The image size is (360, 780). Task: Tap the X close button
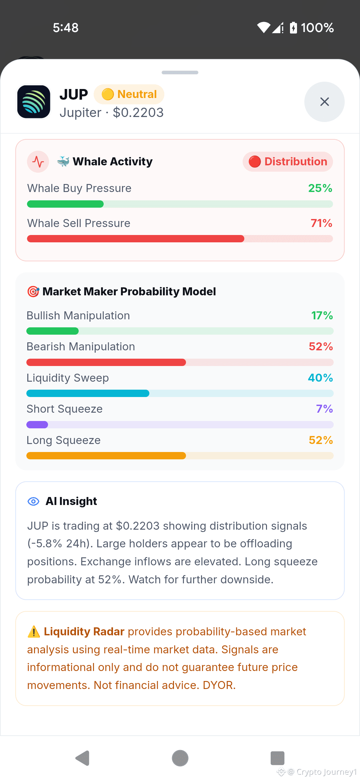[324, 102]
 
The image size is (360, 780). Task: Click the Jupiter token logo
[34, 102]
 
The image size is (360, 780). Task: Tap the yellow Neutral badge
[129, 94]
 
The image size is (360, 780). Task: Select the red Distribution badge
[288, 162]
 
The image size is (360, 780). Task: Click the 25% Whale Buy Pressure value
[320, 188]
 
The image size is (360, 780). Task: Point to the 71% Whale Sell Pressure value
[321, 223]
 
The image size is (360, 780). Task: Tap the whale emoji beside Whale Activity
[63, 161]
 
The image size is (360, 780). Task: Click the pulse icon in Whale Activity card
[38, 162]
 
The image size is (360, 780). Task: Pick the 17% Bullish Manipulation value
[322, 316]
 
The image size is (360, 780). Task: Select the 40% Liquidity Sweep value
[320, 378]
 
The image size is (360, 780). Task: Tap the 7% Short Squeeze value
[324, 409]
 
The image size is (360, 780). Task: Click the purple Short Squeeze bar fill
[37, 425]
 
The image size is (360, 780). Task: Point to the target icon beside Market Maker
[33, 292]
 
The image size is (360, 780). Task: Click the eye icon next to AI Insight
[33, 501]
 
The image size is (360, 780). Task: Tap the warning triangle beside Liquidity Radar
[34, 632]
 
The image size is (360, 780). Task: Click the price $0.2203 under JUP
[138, 113]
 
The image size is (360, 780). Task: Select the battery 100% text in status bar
[317, 28]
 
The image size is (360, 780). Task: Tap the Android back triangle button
[83, 758]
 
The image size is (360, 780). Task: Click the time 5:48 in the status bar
[66, 28]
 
